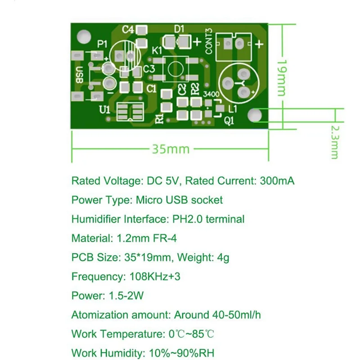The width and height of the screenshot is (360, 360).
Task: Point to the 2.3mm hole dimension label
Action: [334, 142]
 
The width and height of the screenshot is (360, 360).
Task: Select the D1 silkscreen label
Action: [179, 29]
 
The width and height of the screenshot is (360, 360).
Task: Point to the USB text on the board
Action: [80, 74]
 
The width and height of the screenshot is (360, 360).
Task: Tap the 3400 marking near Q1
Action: [211, 94]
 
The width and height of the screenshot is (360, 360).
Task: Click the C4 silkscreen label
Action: [128, 30]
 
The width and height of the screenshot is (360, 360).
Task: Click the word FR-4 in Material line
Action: [158, 238]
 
